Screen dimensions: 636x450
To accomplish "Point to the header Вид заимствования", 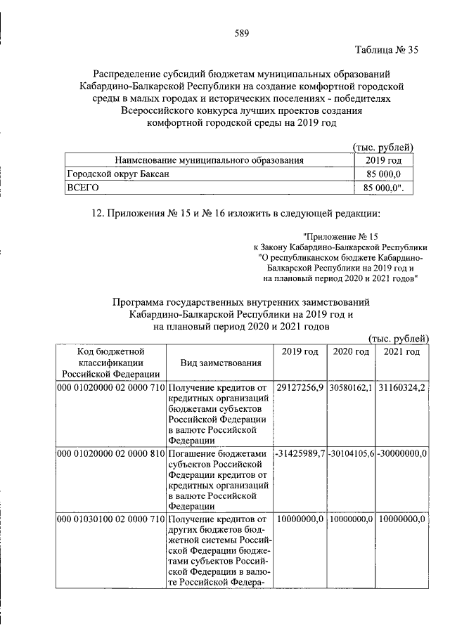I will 221,363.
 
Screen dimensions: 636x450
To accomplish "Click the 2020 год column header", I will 350,351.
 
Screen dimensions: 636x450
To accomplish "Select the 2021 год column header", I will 402,351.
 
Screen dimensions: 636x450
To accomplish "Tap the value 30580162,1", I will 351,388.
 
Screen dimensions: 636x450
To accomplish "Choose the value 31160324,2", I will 402,388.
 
